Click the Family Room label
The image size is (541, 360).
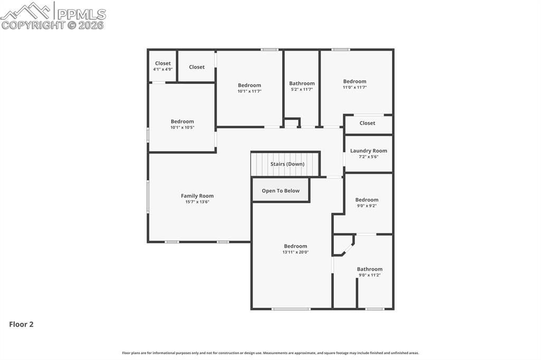click(197, 196)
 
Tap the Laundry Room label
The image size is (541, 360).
click(368, 150)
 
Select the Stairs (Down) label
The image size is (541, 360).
click(287, 164)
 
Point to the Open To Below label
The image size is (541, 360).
click(281, 191)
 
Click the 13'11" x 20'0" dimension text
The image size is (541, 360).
click(295, 252)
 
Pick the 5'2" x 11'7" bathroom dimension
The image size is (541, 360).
click(302, 90)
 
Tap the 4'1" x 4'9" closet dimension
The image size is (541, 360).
click(163, 69)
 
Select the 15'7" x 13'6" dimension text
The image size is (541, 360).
click(197, 202)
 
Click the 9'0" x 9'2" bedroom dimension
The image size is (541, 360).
click(367, 206)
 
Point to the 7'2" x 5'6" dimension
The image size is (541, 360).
click(368, 156)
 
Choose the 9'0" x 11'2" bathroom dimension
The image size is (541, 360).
click(370, 275)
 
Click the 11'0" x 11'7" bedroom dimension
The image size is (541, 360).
click(355, 88)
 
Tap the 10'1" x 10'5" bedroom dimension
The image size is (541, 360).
click(182, 127)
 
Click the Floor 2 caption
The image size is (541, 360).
click(21, 324)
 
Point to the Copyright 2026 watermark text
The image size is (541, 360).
click(53, 25)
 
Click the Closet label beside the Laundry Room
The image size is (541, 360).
click(367, 123)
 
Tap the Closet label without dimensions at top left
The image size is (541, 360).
click(197, 67)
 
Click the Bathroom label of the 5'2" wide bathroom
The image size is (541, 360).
click(302, 83)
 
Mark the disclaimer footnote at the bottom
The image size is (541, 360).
click(270, 353)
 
